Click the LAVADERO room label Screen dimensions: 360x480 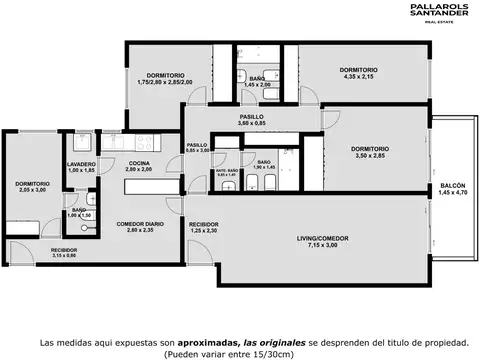tap(81, 164)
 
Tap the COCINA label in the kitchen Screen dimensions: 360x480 tap(139, 163)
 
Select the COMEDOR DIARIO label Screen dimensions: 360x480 tap(140, 223)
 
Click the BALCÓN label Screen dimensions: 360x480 tap(451, 184)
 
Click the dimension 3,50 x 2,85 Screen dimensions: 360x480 tap(370, 156)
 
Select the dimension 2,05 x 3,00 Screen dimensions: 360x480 tap(32, 190)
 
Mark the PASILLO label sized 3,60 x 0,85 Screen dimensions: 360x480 tap(251, 117)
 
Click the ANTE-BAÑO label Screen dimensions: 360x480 tap(227, 170)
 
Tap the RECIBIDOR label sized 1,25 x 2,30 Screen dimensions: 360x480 tap(203, 224)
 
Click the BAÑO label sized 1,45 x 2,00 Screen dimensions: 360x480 tap(256, 78)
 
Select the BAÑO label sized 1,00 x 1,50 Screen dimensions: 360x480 tap(78, 209)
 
